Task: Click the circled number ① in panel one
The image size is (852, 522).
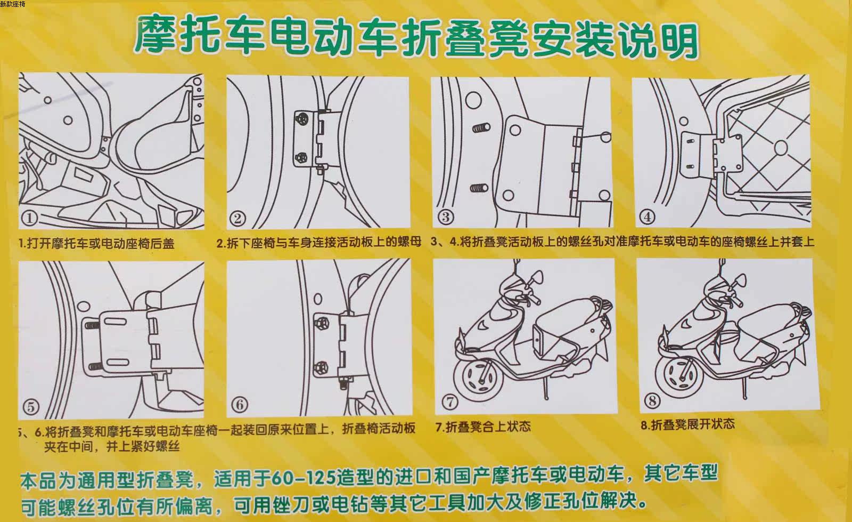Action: pyautogui.click(x=30, y=218)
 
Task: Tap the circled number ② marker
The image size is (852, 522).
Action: pyautogui.click(x=238, y=218)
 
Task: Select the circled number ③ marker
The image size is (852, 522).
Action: pyautogui.click(x=446, y=217)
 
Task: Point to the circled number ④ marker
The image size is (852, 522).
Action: pyautogui.click(x=648, y=216)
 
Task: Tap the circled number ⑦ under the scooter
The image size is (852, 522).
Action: pyautogui.click(x=450, y=401)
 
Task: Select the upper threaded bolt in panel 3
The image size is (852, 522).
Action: pyautogui.click(x=481, y=129)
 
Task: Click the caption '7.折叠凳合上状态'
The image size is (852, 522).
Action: pyautogui.click(x=483, y=427)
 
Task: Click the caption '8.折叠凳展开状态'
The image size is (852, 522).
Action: pyautogui.click(x=687, y=424)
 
